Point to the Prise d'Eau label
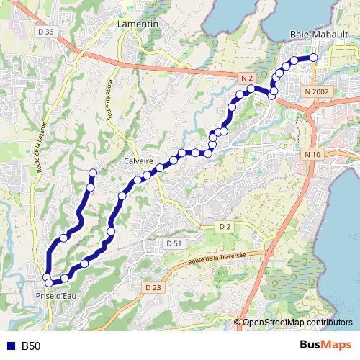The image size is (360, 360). click(x=55, y=295)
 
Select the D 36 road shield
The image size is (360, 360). click(x=45, y=32)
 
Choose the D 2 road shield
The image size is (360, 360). click(x=224, y=227)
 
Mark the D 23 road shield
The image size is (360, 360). click(x=151, y=287)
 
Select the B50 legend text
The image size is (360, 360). click(x=31, y=346)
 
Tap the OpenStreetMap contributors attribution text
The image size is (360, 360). click(x=297, y=322)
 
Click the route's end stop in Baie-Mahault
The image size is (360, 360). click(x=314, y=58)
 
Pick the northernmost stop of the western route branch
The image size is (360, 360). click(x=93, y=172)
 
